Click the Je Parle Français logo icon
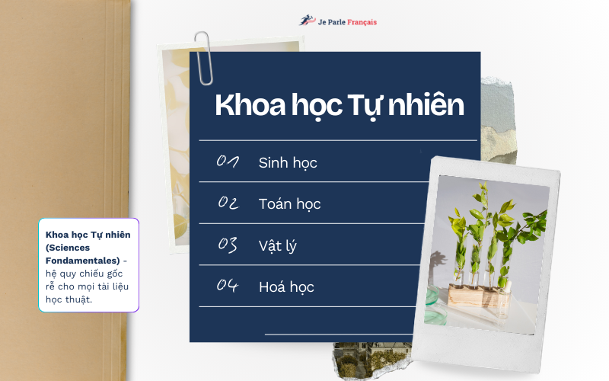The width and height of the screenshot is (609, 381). tap(306, 21)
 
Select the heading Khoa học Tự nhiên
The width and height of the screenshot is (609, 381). tap(339, 105)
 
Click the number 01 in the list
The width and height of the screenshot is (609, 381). tap(228, 162)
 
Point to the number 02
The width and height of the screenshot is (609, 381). tap(228, 203)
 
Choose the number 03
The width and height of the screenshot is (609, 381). tap(228, 245)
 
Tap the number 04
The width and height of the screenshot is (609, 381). tap(228, 287)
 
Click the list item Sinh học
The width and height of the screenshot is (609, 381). tap(288, 162)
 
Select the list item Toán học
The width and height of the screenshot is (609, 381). tap(289, 203)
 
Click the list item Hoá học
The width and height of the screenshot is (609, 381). tap(286, 287)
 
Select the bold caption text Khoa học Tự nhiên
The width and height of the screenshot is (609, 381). tap(88, 235)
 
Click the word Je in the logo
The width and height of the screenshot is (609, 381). tap(321, 22)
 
